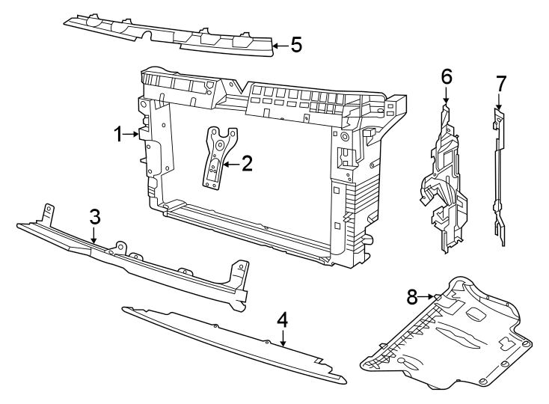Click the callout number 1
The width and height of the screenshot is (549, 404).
(118, 135)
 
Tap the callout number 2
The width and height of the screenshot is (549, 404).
(247, 163)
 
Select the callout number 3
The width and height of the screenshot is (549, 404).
(94, 217)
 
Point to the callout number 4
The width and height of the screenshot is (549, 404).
(282, 319)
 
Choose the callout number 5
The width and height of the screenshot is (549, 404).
(296, 45)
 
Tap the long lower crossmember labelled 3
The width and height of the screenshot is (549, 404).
(135, 258)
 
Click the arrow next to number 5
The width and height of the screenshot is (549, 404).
(278, 46)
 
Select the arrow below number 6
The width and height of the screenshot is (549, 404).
(447, 96)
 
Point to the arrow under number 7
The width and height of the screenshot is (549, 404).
(500, 102)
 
